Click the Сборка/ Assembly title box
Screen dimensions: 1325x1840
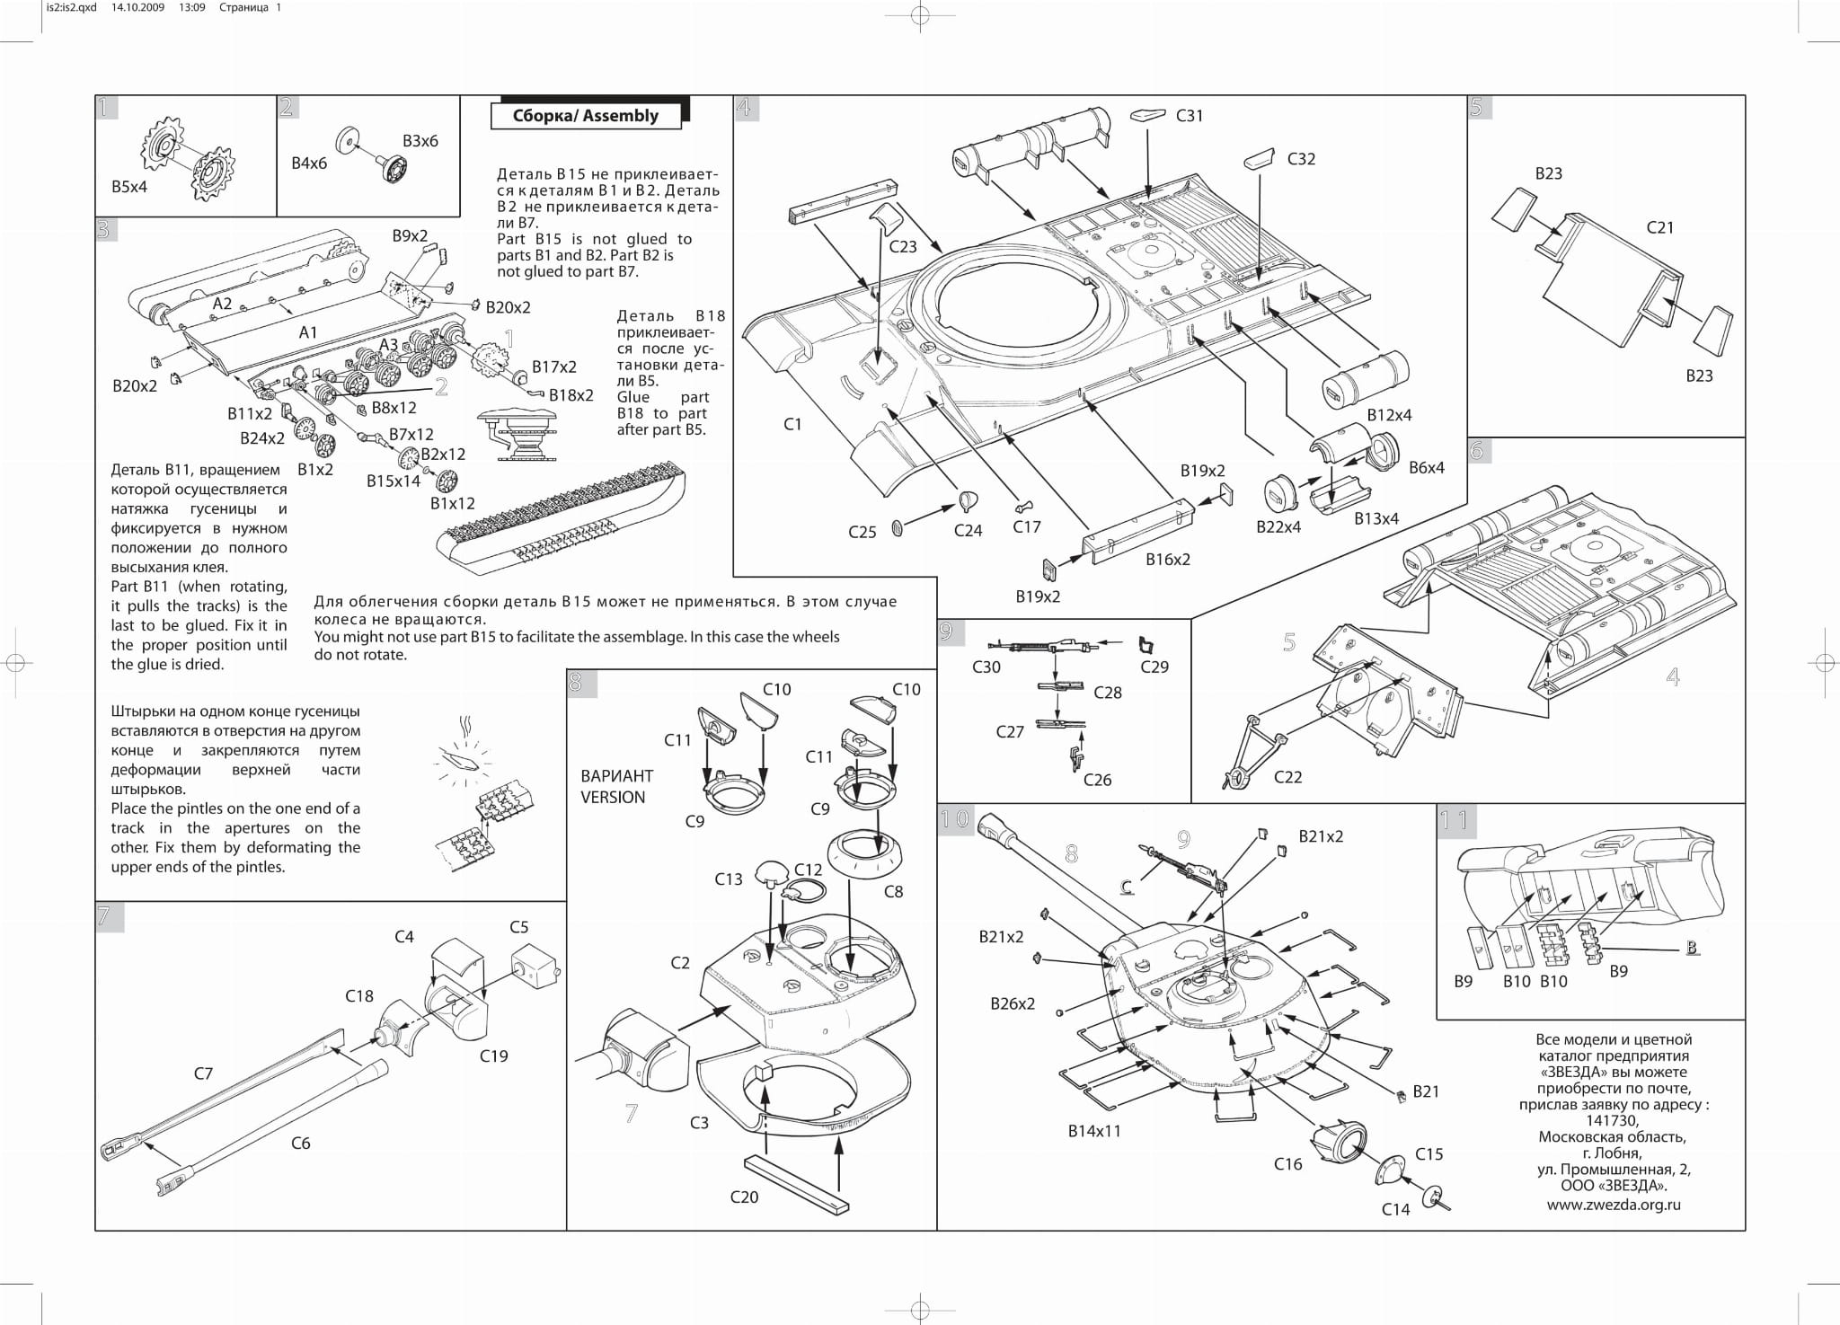coord(585,116)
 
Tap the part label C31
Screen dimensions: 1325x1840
coord(1189,116)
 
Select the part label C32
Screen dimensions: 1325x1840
coord(1300,159)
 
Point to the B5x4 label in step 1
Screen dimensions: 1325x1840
coord(129,187)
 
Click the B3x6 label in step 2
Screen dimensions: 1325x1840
coord(420,141)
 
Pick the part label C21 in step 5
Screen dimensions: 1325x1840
coord(1659,227)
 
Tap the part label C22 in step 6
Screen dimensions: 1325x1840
coord(1287,777)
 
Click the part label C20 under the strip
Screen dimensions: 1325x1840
coord(744,1197)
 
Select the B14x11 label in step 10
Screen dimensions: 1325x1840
coord(1094,1131)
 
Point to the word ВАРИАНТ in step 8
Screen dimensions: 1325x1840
coord(616,776)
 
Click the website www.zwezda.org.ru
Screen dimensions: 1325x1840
coord(1613,1205)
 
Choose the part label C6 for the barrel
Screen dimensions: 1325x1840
coord(300,1143)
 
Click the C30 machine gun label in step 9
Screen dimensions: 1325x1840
coord(986,667)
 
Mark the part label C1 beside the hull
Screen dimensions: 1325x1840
coord(792,424)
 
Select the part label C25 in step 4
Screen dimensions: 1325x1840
coord(862,532)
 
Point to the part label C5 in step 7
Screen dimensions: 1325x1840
coord(518,927)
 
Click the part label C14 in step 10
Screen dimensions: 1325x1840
coord(1395,1209)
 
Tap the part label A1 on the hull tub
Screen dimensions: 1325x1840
coord(308,332)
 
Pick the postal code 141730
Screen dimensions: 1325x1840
coord(1612,1120)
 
